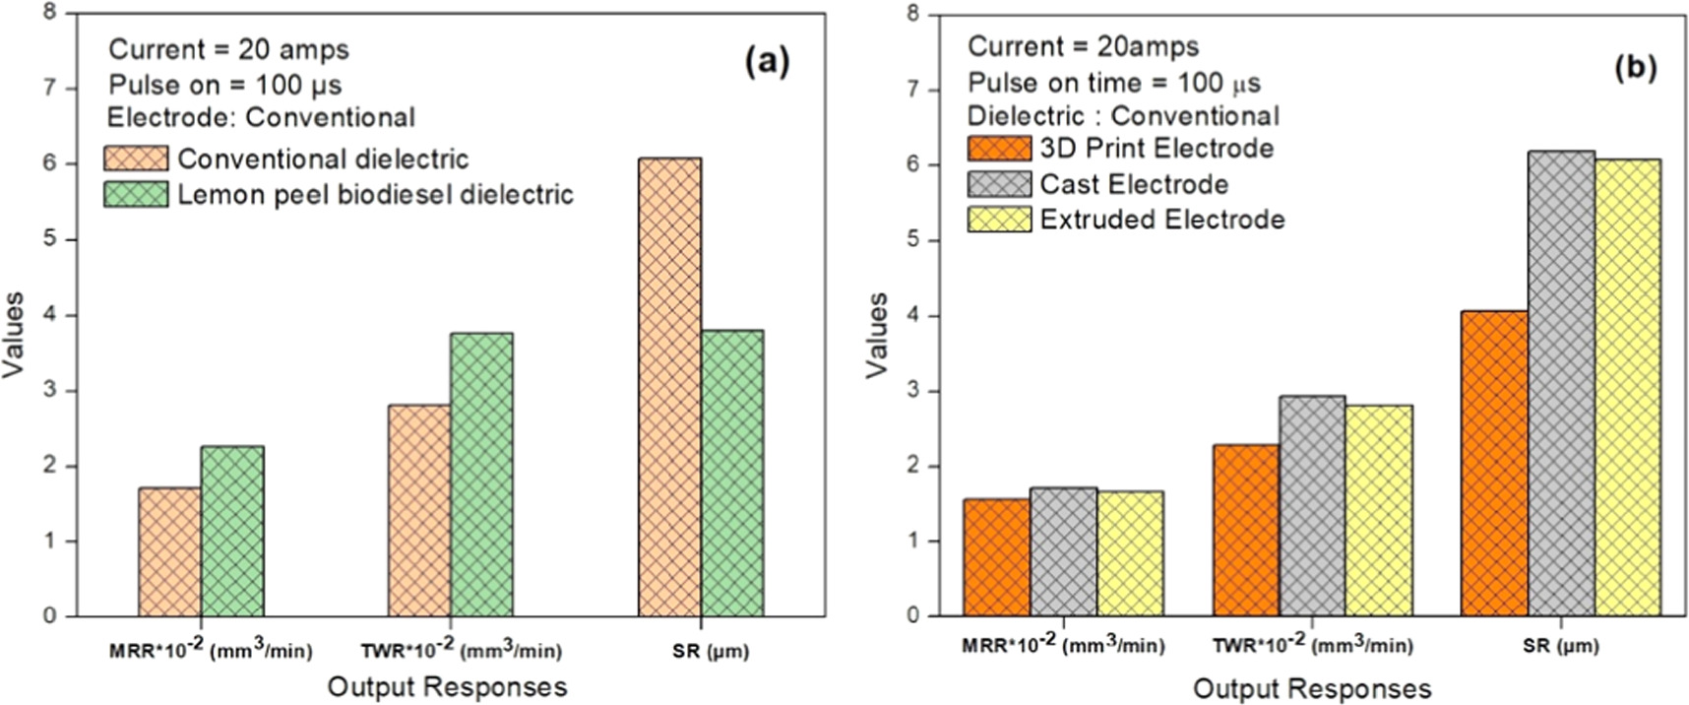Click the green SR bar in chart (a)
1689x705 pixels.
point(732,474)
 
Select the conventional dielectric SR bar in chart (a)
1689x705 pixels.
point(669,387)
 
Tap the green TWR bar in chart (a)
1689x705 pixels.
point(481,475)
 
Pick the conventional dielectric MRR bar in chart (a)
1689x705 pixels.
point(169,552)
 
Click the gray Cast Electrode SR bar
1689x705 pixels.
point(1561,383)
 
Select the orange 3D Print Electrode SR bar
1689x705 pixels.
point(1495,464)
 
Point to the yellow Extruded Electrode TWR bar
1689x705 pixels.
point(1378,511)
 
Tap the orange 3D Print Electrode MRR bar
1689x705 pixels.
point(997,557)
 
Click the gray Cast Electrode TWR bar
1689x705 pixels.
point(1312,506)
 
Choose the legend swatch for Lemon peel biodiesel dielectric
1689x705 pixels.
point(136,194)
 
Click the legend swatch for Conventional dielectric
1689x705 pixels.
point(136,158)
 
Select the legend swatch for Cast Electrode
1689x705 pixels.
point(999,184)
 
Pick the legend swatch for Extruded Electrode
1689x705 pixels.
point(999,219)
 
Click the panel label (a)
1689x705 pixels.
point(768,62)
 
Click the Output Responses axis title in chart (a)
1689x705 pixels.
point(447,686)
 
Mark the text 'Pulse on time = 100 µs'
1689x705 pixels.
point(1114,83)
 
